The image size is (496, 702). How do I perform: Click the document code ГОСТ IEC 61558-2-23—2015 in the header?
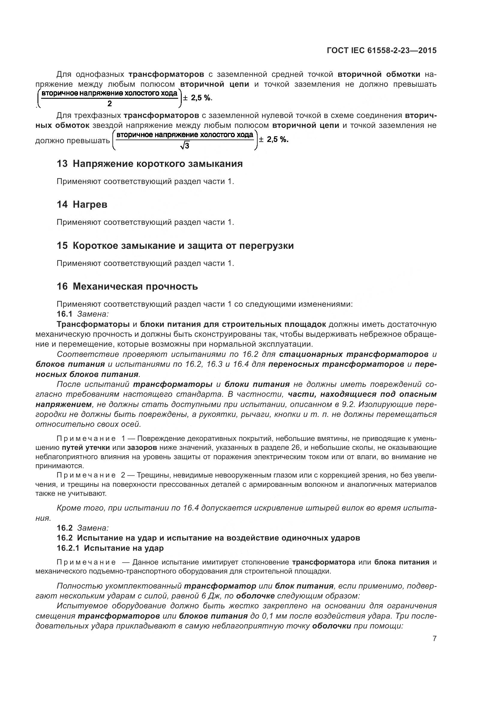381,50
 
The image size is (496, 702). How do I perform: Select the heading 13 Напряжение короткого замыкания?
150,164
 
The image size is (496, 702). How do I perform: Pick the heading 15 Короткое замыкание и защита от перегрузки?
175,246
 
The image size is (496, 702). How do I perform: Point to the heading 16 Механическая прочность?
127,287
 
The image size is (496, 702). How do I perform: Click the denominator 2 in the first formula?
110,104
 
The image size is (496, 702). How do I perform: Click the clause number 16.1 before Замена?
64,314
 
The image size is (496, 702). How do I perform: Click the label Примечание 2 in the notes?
91,475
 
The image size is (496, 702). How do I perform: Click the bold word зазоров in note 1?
142,448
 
